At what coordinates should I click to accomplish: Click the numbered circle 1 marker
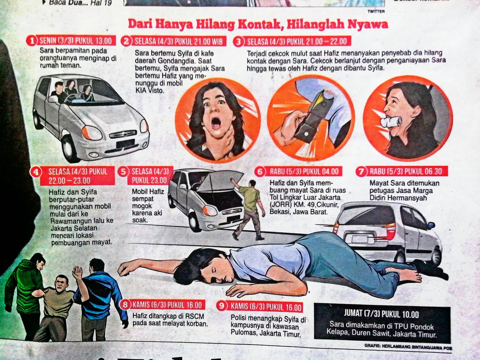point(32,41)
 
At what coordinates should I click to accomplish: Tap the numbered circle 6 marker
point(260,172)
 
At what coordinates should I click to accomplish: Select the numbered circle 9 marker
point(222,306)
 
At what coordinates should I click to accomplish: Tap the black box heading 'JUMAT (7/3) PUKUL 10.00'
point(381,315)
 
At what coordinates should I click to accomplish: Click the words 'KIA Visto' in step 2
point(150,90)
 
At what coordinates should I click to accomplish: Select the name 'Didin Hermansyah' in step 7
point(398,198)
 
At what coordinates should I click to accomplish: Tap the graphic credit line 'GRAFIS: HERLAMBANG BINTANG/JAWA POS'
point(408,347)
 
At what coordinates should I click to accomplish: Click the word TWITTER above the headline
point(376,12)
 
